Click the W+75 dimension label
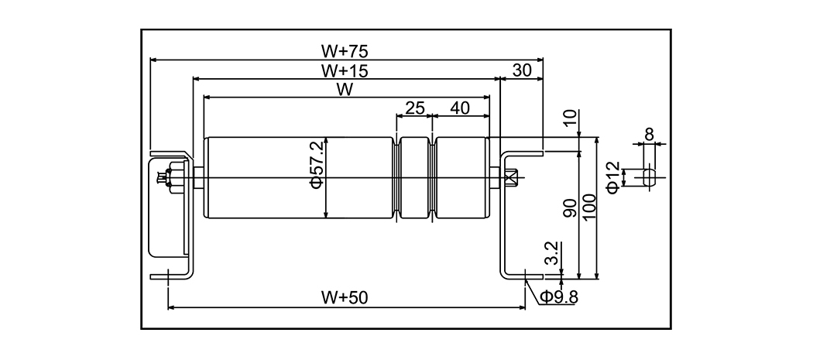click(345, 51)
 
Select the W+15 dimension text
click(345, 70)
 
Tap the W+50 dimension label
click(345, 298)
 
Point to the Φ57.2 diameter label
click(316, 178)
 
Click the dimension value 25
click(414, 108)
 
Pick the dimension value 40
click(460, 108)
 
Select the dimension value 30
click(523, 70)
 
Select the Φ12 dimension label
click(612, 177)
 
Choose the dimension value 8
click(649, 134)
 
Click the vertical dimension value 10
click(571, 118)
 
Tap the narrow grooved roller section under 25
click(414, 178)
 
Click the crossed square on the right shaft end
click(509, 179)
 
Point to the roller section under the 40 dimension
click(462, 178)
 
